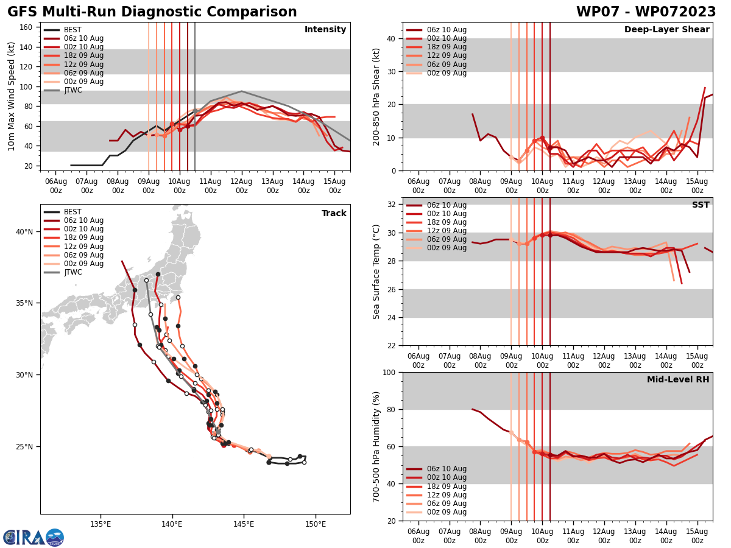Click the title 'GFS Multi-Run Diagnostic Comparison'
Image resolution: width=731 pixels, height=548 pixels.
(x=152, y=12)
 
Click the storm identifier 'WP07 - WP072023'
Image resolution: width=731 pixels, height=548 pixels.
(x=646, y=12)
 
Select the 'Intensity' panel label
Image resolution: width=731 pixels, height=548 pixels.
(x=325, y=30)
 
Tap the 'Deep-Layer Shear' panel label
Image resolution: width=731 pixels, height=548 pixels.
(x=666, y=30)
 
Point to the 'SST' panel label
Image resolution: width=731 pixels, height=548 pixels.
(x=701, y=205)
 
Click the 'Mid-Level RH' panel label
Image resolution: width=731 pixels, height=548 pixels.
(x=678, y=380)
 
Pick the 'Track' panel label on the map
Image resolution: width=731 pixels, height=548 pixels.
(x=334, y=214)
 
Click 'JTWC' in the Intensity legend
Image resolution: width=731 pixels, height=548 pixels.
(x=73, y=90)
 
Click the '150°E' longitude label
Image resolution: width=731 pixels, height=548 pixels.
(x=315, y=524)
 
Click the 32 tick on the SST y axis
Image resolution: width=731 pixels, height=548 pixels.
(x=392, y=205)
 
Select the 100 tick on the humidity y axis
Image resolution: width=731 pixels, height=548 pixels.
(x=390, y=372)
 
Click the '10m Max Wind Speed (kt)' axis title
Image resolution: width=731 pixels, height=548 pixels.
(x=11, y=96)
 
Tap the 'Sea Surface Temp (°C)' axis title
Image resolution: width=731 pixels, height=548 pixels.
(x=376, y=272)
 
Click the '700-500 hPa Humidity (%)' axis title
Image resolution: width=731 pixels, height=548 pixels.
(x=376, y=446)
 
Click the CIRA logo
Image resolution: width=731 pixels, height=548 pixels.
(x=33, y=538)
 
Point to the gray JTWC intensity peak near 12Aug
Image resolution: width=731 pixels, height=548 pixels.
(x=241, y=91)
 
